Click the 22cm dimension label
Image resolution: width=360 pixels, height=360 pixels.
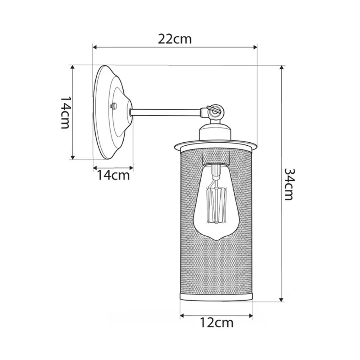[174, 39]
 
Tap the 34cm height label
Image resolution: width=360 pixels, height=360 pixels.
[289, 184]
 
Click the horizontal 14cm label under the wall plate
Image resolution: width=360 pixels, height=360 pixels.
[114, 176]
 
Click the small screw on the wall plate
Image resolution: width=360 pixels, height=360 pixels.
[114, 106]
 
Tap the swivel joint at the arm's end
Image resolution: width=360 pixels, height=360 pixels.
[213, 111]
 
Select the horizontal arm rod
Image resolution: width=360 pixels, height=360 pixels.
[166, 112]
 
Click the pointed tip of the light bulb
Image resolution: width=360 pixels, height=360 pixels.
[216, 240]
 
